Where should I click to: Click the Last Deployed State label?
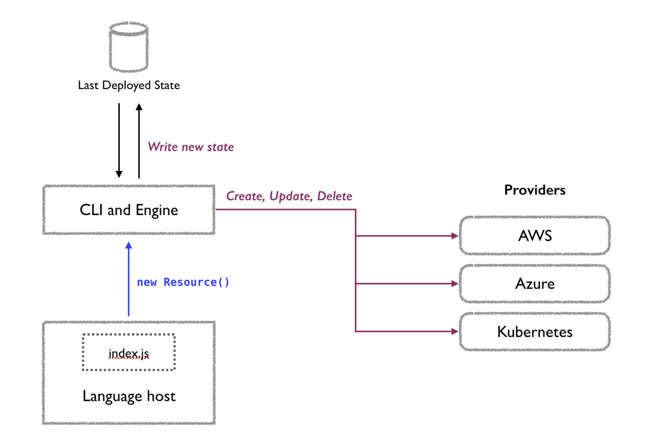pyautogui.click(x=129, y=85)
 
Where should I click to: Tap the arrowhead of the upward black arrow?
pyautogui.click(x=139, y=107)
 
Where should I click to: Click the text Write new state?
pyautogui.click(x=191, y=147)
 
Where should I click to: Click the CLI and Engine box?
pyautogui.click(x=129, y=210)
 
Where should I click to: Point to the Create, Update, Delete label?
pyautogui.click(x=289, y=196)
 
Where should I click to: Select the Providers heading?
pyautogui.click(x=534, y=190)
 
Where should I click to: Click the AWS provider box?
pyautogui.click(x=534, y=236)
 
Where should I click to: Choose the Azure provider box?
pyautogui.click(x=534, y=284)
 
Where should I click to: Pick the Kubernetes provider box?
pyautogui.click(x=534, y=332)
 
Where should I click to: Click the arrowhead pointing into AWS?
pyautogui.click(x=455, y=236)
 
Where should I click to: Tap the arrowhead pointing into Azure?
pyautogui.click(x=455, y=284)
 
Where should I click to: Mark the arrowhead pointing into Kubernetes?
pyautogui.click(x=455, y=331)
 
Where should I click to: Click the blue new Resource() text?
pyautogui.click(x=183, y=282)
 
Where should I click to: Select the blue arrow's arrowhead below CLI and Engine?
pyautogui.click(x=129, y=245)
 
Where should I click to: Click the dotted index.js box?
pyautogui.click(x=129, y=352)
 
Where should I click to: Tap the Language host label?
pyautogui.click(x=129, y=396)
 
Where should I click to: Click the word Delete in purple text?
pyautogui.click(x=334, y=196)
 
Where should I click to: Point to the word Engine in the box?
pyautogui.click(x=156, y=210)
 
